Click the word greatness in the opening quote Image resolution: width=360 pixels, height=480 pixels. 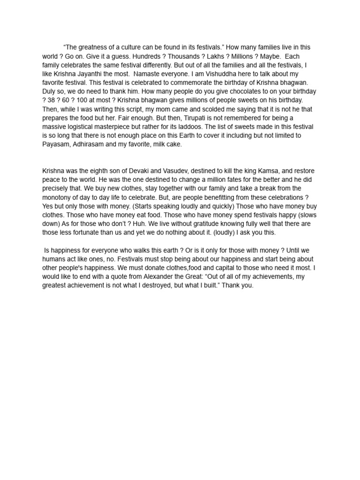[x=93, y=47]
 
